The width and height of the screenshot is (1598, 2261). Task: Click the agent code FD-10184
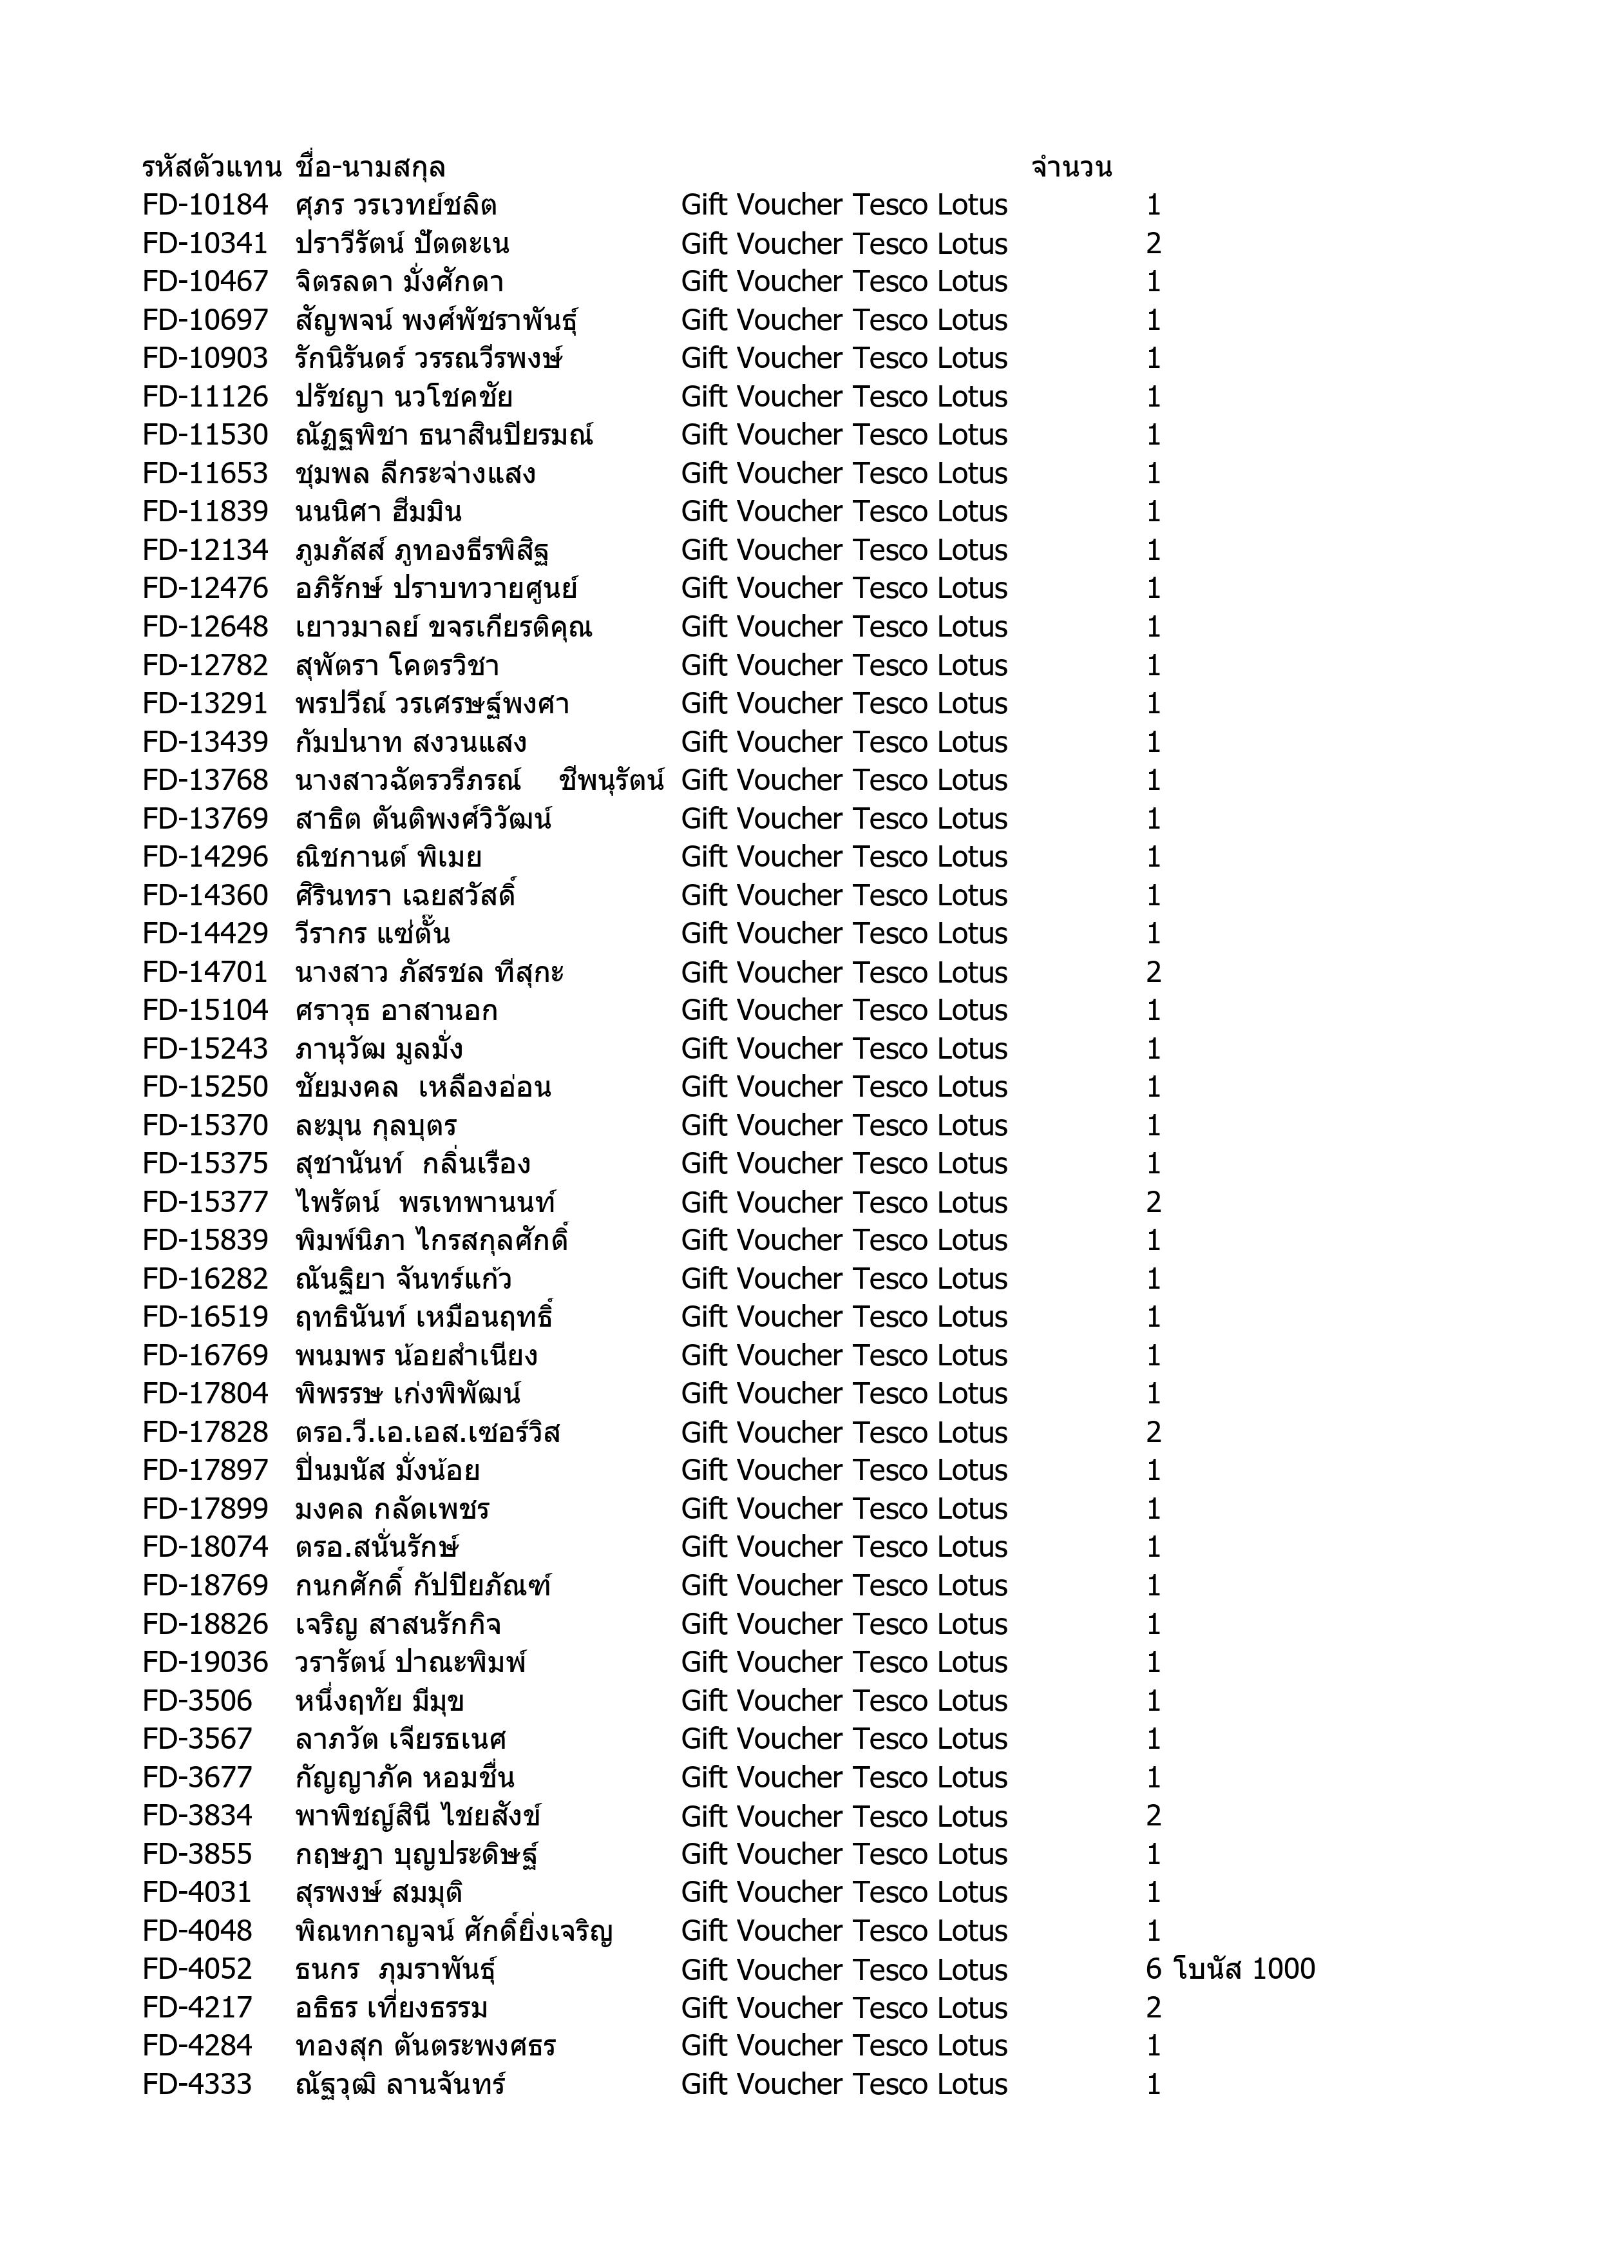click(205, 205)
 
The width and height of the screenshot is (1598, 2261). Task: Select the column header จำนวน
click(1071, 168)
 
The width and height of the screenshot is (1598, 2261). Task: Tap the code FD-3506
click(197, 1700)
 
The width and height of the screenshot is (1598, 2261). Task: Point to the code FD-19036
click(205, 1662)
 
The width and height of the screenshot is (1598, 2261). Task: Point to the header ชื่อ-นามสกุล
click(370, 168)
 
